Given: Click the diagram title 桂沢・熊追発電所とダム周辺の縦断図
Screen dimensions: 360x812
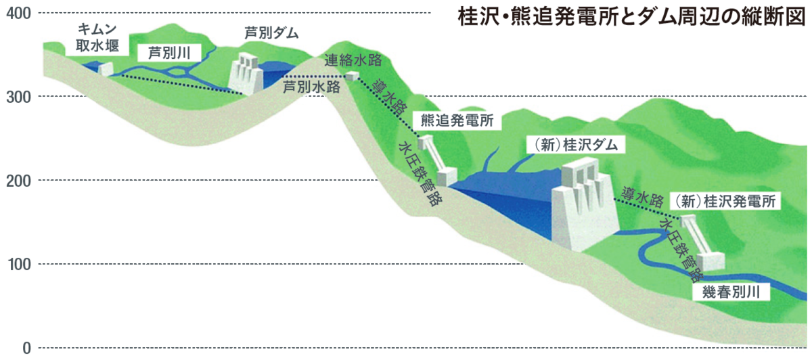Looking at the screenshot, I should click(x=631, y=16).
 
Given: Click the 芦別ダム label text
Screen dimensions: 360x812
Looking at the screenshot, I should click(x=271, y=33).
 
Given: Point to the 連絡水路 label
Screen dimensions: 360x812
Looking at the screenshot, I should click(x=353, y=59).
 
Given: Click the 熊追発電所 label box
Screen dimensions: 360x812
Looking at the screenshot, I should click(x=457, y=121).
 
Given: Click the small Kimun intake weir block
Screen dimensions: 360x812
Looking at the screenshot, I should click(x=105, y=68).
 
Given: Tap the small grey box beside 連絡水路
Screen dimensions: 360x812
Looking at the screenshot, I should click(x=352, y=76).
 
